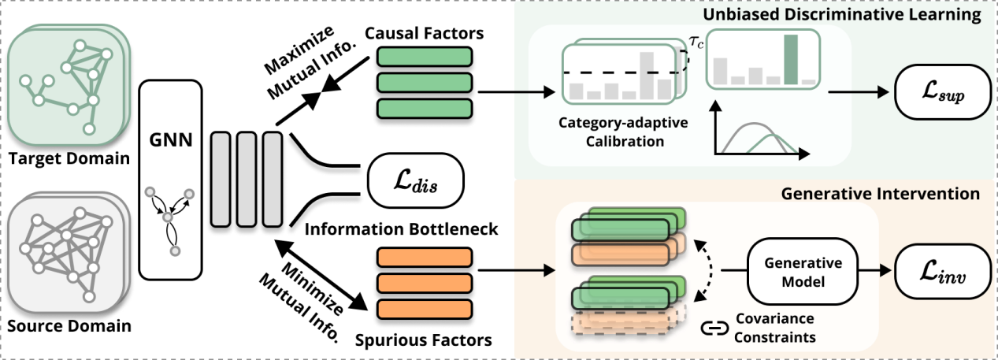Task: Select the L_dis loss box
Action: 414,187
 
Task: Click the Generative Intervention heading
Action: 881,193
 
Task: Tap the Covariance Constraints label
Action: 774,328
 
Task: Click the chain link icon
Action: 714,328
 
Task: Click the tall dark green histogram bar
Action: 791,59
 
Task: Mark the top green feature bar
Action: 425,57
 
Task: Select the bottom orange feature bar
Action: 425,308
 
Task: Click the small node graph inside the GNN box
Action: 170,217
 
